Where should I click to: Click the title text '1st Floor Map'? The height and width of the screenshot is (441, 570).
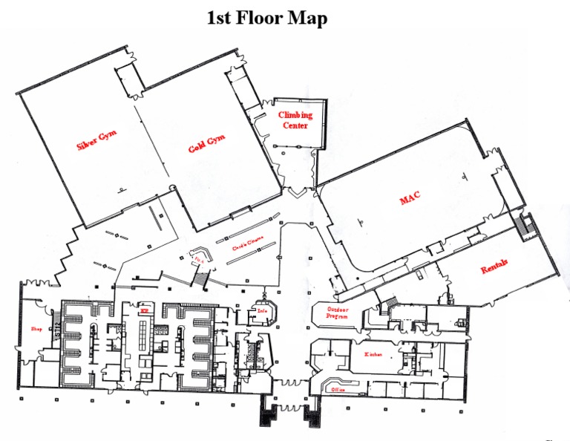click(266, 18)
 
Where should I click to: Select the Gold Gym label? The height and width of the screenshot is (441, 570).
click(206, 142)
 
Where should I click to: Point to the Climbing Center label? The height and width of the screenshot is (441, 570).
click(295, 120)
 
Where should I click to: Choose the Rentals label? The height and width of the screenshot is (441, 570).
click(494, 267)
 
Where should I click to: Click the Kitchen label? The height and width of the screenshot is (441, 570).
click(373, 355)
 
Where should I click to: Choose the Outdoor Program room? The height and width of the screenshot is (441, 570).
click(335, 313)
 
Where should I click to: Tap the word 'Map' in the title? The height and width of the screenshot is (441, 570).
click(311, 18)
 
